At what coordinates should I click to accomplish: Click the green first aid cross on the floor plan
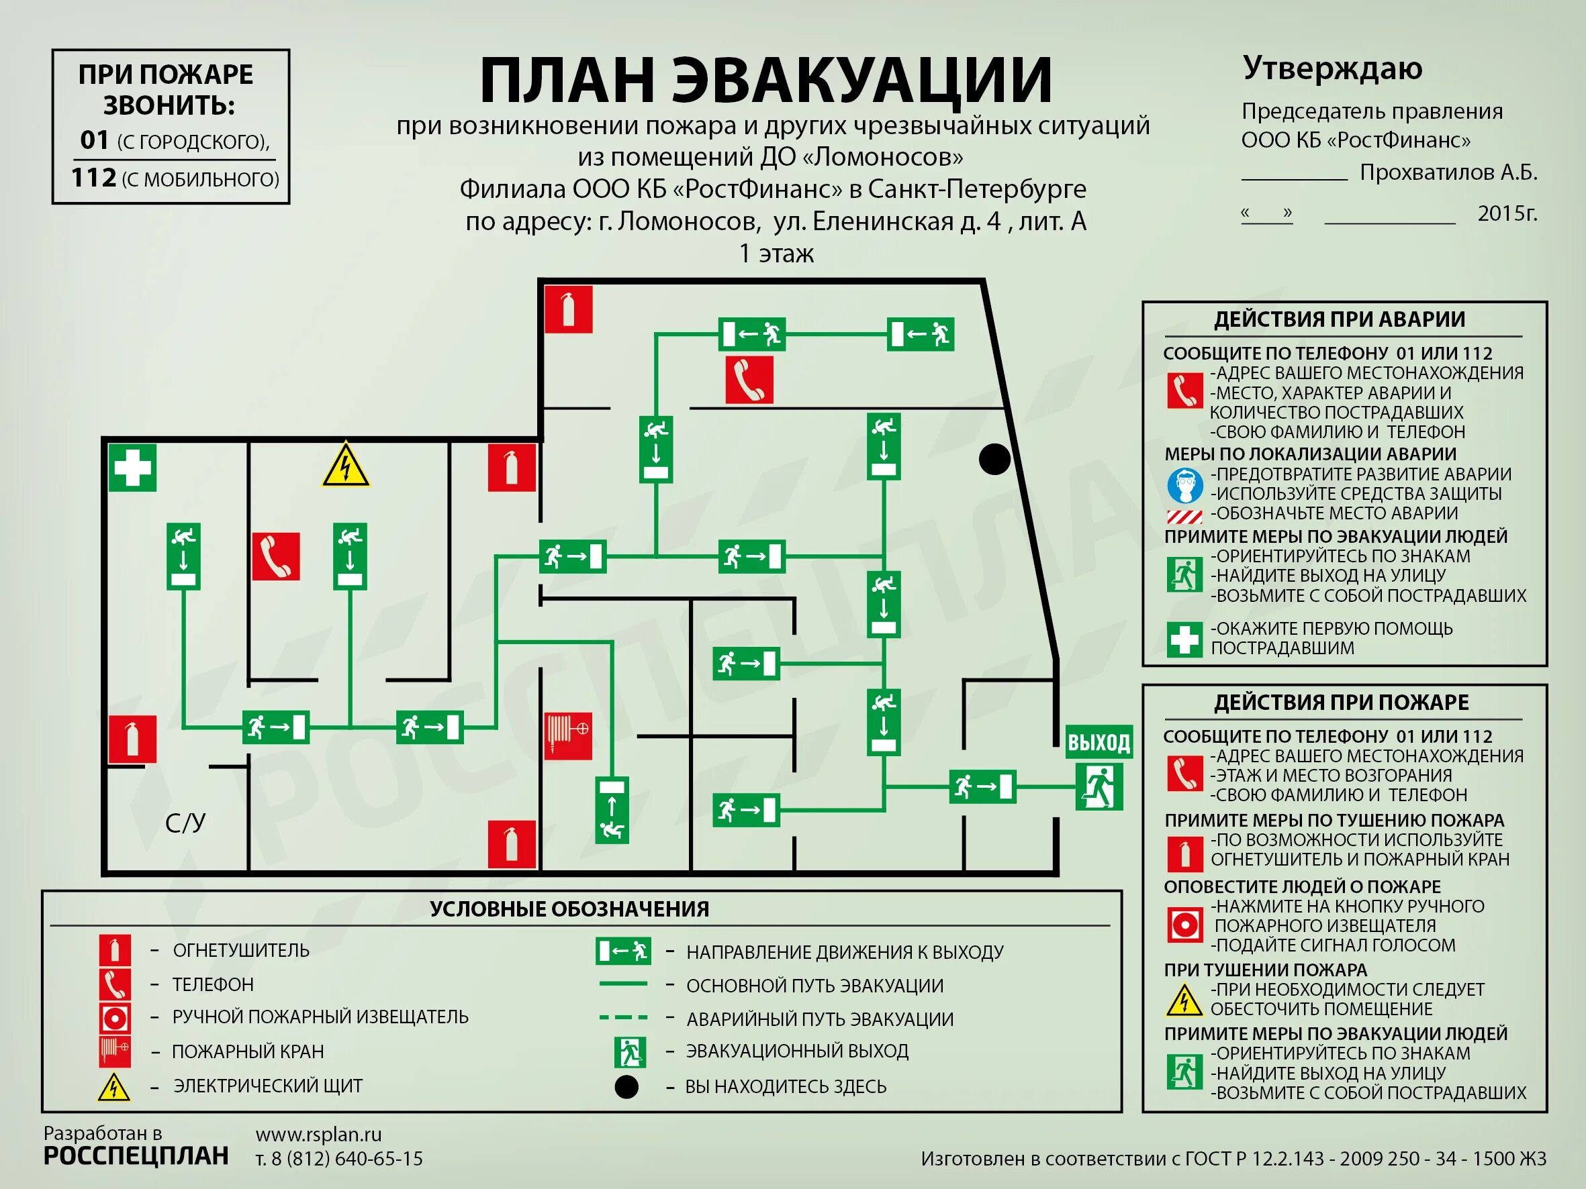pos(133,468)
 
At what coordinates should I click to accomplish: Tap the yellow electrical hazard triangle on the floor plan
pos(346,466)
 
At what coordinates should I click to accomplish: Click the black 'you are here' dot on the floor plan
pos(994,459)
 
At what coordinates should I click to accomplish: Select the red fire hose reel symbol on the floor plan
pos(568,735)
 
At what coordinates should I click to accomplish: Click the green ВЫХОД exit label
pos(1099,743)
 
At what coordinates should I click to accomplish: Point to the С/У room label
pos(185,823)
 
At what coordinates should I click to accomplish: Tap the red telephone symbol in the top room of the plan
pos(749,380)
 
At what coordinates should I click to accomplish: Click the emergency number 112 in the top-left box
pos(94,178)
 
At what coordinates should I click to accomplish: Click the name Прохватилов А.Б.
pos(1448,172)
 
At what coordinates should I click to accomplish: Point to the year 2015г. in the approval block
pos(1507,213)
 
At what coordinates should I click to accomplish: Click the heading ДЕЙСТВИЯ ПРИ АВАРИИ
pos(1340,319)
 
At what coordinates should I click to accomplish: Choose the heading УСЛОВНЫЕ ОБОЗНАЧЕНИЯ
pos(569,909)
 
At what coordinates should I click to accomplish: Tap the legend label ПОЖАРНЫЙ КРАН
pos(248,1051)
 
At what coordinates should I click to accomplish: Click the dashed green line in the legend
pos(623,1017)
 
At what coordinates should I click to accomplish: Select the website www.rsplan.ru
pos(318,1135)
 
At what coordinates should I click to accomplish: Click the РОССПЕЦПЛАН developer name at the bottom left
pos(136,1156)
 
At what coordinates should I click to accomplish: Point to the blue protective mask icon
pos(1184,485)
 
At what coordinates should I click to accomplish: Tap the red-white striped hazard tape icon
pos(1184,516)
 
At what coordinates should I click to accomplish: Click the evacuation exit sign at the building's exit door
pos(1099,786)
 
